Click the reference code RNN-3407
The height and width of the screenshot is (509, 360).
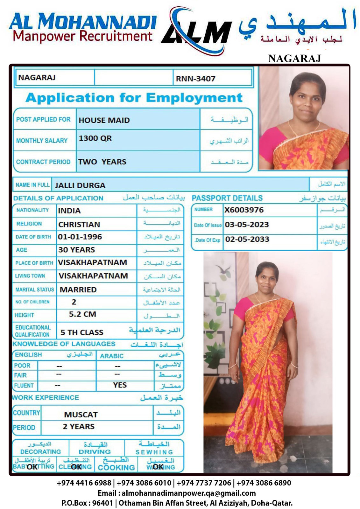195,79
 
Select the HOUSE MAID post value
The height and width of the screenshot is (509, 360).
104,120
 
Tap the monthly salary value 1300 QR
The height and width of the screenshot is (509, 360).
95,138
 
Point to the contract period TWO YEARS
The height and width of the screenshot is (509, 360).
102,162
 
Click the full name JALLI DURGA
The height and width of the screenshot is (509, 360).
80,185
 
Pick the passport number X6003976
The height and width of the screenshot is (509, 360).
244,210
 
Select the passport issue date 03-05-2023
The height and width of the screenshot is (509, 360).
247,225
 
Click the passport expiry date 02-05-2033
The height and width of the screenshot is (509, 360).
247,239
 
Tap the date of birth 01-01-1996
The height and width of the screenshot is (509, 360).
80,237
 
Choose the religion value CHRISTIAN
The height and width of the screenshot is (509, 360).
79,224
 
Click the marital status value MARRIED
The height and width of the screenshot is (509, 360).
78,289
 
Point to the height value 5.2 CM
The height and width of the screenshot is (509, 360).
82,314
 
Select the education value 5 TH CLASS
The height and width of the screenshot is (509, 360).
82,332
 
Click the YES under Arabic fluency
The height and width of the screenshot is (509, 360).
120,385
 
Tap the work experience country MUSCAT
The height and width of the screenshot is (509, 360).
81,415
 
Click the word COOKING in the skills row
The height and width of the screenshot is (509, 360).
116,467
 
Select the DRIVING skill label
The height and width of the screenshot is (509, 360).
95,451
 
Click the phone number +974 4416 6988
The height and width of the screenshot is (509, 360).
84,483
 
